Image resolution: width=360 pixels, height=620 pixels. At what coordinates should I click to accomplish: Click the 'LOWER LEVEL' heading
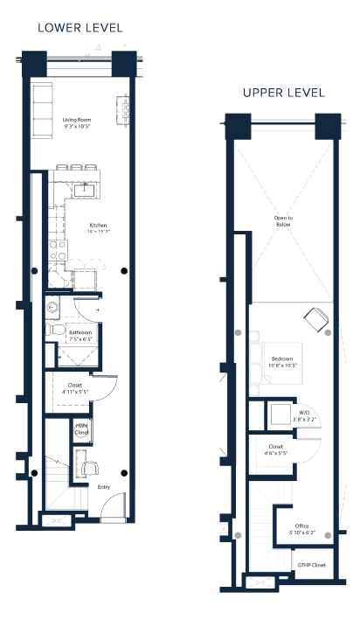pyautogui.click(x=80, y=28)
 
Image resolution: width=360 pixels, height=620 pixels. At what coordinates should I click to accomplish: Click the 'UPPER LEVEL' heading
pyautogui.click(x=283, y=93)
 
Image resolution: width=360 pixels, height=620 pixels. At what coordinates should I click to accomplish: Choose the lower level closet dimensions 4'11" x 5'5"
pyautogui.click(x=74, y=393)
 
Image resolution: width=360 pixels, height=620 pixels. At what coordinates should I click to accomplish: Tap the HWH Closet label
pyautogui.click(x=81, y=428)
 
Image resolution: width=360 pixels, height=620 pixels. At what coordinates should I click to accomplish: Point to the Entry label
pyautogui.click(x=104, y=486)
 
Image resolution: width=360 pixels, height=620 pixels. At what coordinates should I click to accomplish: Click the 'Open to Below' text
pyautogui.click(x=282, y=220)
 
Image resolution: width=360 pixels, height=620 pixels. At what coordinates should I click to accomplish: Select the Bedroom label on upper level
pyautogui.click(x=284, y=359)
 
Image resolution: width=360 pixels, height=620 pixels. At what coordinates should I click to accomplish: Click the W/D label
pyautogui.click(x=303, y=413)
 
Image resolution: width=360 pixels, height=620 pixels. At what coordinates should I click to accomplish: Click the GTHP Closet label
pyautogui.click(x=311, y=565)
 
